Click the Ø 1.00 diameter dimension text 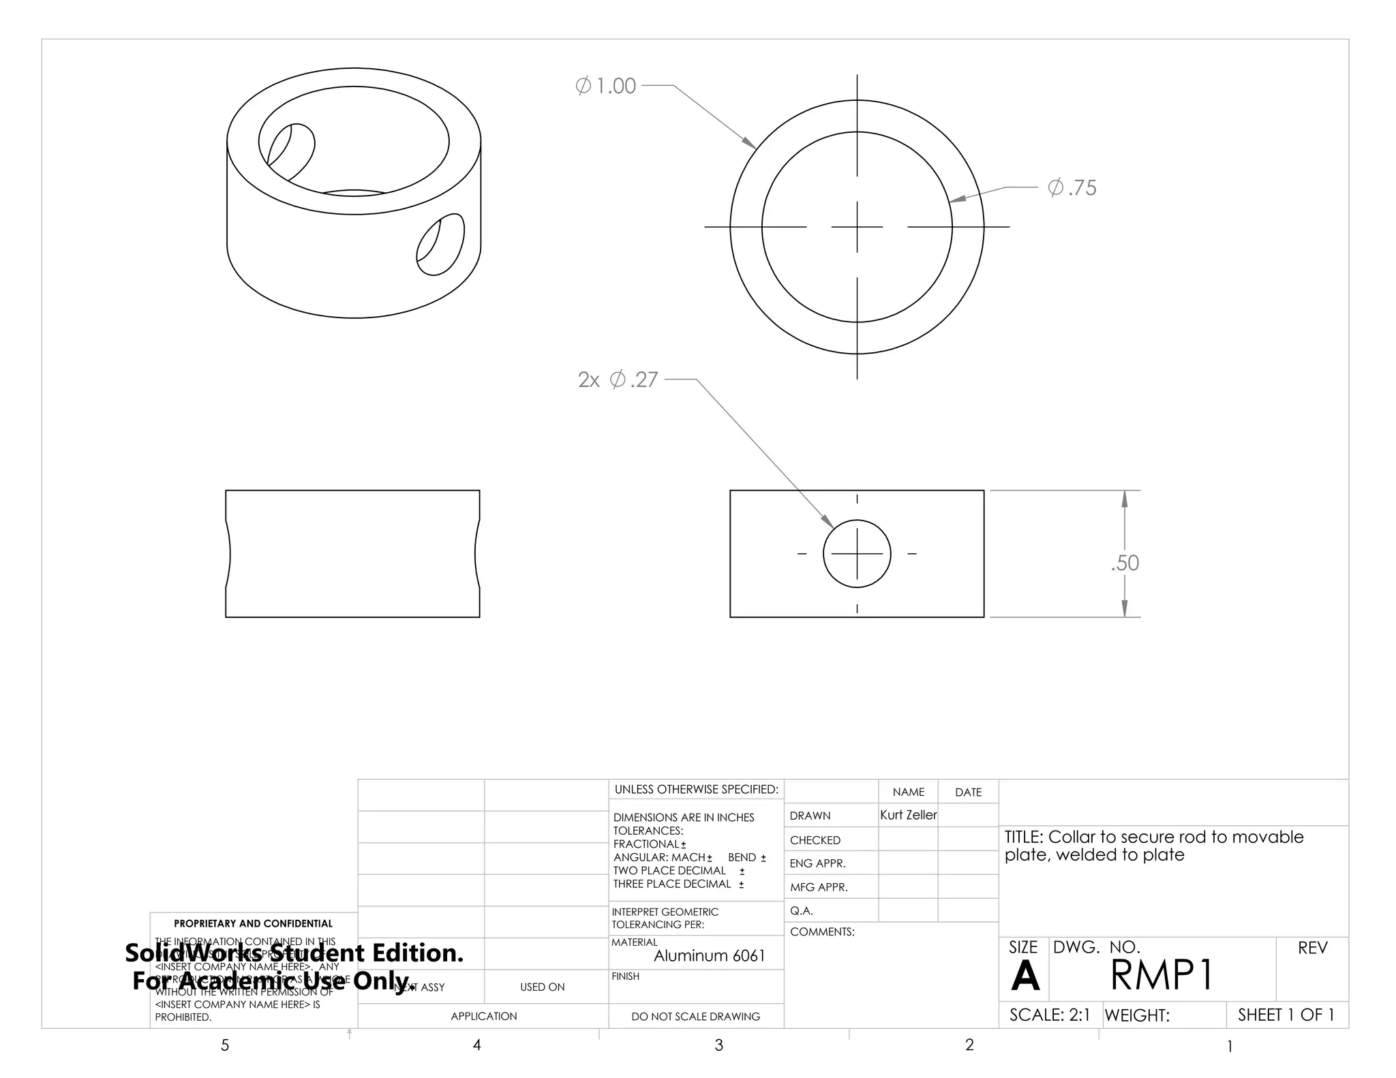pos(606,86)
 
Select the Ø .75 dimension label pos(1072,187)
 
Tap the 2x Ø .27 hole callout pos(618,380)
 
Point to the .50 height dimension pos(1125,563)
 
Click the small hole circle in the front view pos(857,554)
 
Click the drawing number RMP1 pos(1162,975)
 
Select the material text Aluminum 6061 pos(709,956)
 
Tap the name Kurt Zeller pos(908,815)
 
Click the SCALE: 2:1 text pos(1049,1015)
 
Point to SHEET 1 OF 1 pos(1286,1015)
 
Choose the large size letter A pos(1025,976)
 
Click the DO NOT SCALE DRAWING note pos(695,1017)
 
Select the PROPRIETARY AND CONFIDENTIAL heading pos(253,923)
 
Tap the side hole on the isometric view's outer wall pos(440,245)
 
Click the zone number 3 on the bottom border pos(718,1045)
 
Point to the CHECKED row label pos(815,840)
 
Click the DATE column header pos(968,792)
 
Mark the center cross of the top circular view pos(857,227)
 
